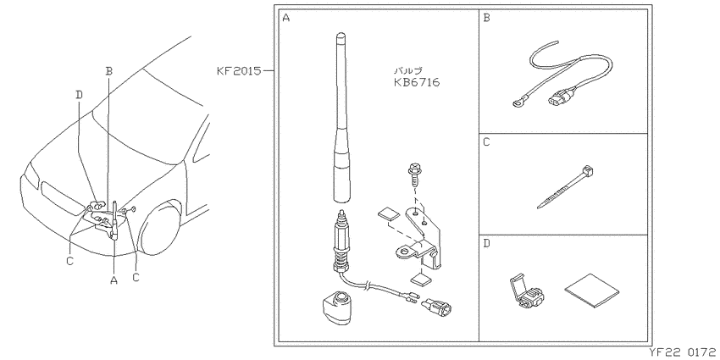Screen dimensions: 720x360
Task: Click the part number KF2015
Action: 239,71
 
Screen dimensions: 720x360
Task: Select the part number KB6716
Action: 417,83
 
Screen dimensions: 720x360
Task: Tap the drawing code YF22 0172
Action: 683,352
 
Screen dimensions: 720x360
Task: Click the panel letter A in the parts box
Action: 286,18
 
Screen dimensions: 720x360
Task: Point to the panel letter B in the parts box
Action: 487,18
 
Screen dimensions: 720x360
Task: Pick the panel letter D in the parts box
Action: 487,243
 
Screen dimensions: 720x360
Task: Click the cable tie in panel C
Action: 565,187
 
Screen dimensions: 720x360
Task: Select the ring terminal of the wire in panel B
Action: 518,105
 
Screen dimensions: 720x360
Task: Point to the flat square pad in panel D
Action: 591,291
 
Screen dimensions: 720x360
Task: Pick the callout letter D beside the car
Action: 79,95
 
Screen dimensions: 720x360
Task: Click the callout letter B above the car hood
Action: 108,71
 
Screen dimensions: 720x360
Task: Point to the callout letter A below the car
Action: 114,279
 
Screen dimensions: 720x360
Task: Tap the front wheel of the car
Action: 161,228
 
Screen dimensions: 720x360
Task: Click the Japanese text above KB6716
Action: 408,70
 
